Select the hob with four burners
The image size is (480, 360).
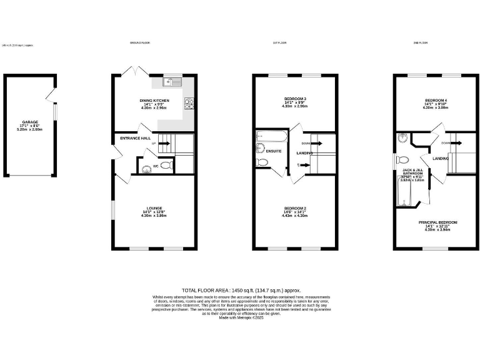188,102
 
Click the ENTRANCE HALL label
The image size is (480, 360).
136,137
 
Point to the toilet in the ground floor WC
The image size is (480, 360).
166,166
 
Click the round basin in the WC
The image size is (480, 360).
146,167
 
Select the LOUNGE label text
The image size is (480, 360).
154,208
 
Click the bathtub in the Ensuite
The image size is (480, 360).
271,136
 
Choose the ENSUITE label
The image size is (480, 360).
274,151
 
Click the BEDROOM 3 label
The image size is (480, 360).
296,99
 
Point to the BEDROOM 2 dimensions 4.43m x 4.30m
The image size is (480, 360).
296,216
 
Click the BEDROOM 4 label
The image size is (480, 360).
436,100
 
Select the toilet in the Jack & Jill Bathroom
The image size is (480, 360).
403,159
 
